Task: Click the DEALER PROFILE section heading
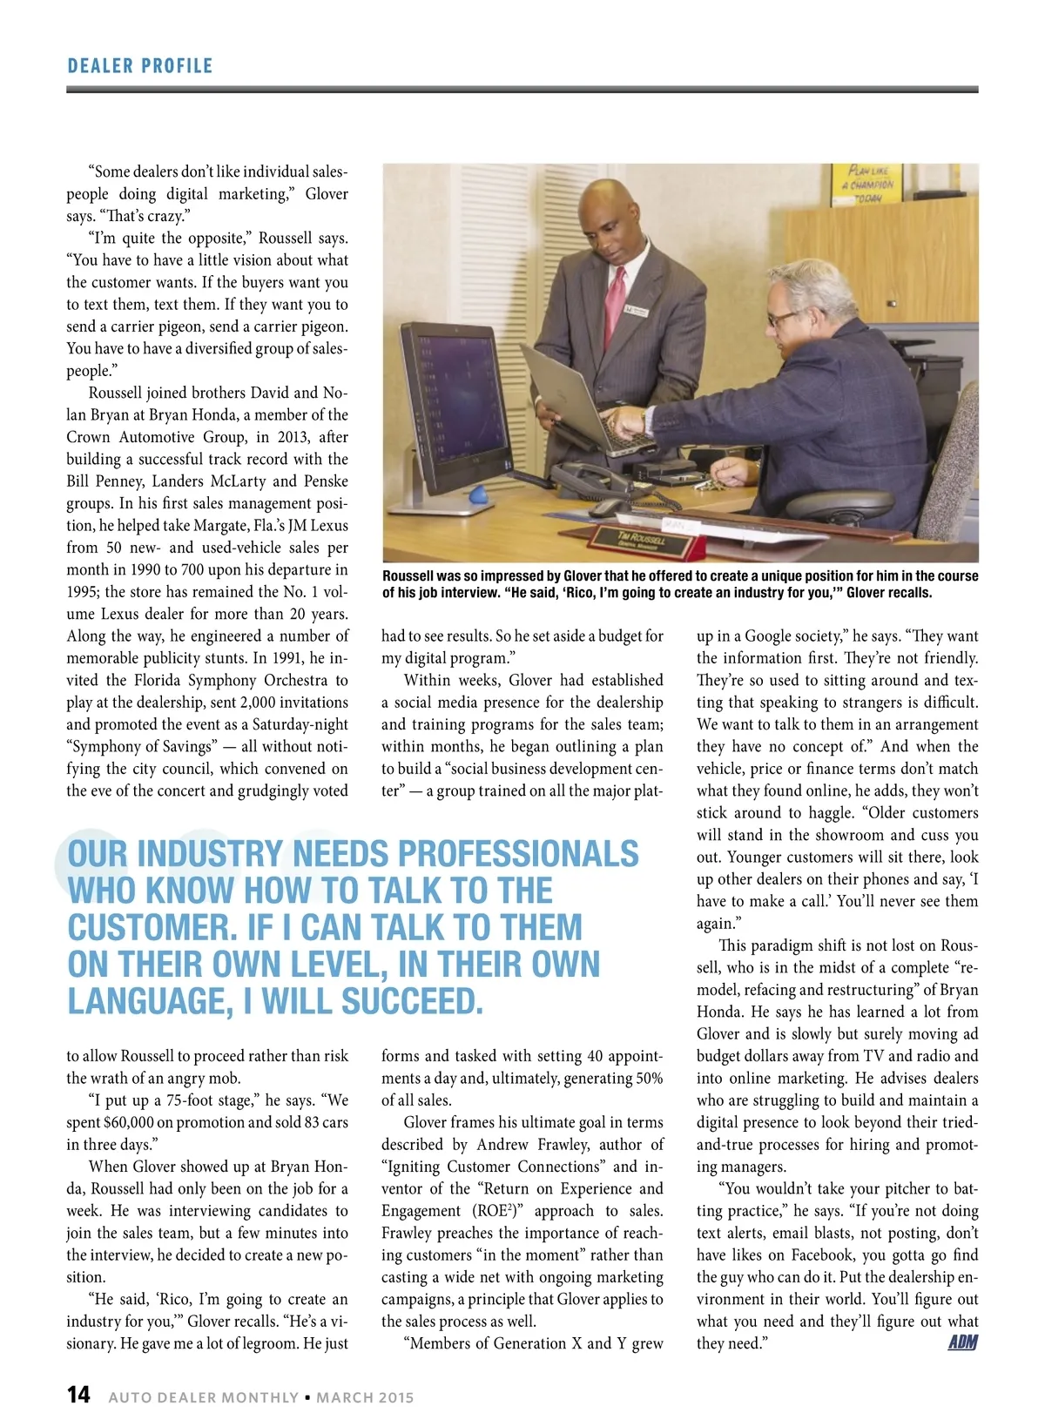[139, 66]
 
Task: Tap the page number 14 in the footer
[78, 1395]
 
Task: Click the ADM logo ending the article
[962, 1342]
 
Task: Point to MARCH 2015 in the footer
[365, 1397]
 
